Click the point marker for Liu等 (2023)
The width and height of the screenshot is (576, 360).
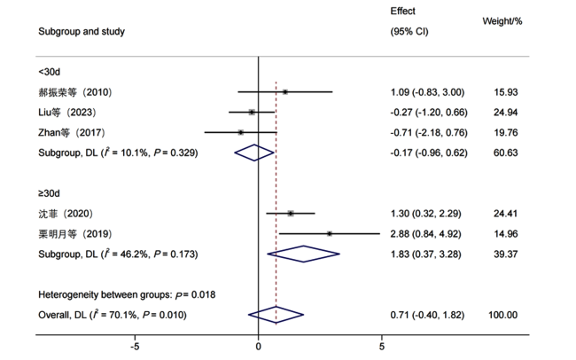(x=252, y=112)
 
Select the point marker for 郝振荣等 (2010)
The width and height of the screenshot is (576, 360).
(x=285, y=91)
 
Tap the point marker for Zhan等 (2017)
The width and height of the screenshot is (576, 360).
(x=241, y=132)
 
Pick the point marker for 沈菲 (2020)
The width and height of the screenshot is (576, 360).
(x=291, y=214)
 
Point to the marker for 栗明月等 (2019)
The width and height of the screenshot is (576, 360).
(x=330, y=233)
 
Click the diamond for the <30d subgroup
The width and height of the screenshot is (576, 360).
(x=254, y=153)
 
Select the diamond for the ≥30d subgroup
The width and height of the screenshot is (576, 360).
(x=303, y=254)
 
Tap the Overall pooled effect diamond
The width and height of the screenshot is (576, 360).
(x=276, y=315)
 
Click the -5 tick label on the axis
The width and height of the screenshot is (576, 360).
(x=135, y=347)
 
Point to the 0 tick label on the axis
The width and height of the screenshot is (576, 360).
(x=258, y=347)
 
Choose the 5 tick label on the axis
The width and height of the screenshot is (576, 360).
(x=382, y=347)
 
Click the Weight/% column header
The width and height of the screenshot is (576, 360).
(x=502, y=21)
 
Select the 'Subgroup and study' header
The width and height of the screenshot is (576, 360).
(x=82, y=32)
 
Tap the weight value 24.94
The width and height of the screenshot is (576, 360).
(x=505, y=112)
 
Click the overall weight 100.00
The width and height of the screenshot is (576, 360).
(x=503, y=315)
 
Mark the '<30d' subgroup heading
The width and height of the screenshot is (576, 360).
(x=50, y=72)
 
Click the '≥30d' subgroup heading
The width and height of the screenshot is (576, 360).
(x=50, y=193)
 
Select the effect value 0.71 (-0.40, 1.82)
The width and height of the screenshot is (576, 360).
(x=427, y=315)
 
